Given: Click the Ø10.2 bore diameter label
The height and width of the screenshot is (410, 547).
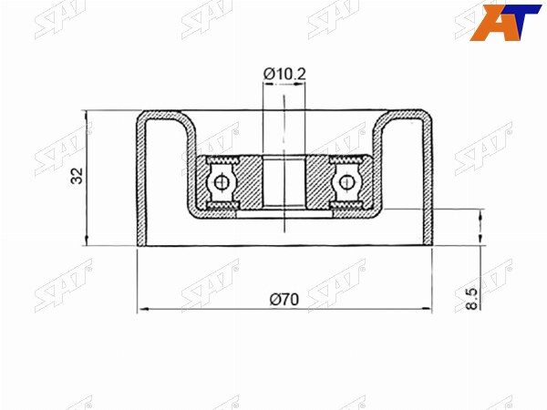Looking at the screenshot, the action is pos(284,75).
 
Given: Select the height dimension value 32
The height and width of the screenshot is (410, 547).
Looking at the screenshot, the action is pos(77,176).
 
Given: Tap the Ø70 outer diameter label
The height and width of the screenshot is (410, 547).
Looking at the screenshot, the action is pos(284,299).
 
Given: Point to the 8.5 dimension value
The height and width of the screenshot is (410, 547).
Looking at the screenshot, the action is pos(471,299).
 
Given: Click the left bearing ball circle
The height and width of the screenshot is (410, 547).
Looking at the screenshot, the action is pos(221,182).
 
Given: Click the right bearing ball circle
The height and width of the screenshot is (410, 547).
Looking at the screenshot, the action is pos(346,182).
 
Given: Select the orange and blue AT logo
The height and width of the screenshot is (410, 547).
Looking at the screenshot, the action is pos(505,23).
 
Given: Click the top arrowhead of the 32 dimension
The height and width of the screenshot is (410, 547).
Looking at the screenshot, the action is pos(87,116).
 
